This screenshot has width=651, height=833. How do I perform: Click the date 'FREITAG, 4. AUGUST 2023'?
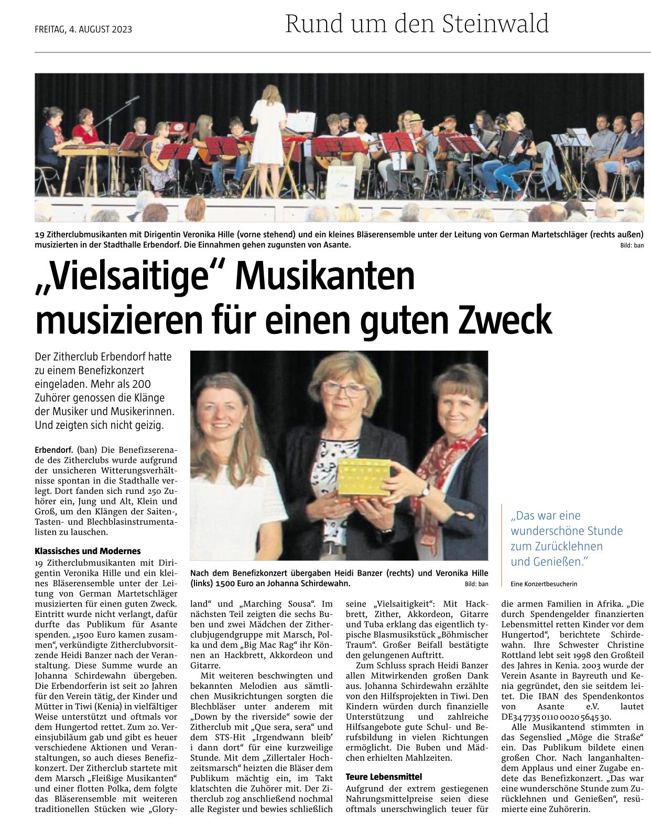(83, 29)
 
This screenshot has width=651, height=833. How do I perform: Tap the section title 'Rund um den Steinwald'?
(417, 24)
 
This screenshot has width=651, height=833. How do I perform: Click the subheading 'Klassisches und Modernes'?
(88, 551)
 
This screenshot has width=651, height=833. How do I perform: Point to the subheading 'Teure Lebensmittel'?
(384, 776)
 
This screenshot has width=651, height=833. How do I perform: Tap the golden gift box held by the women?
(364, 477)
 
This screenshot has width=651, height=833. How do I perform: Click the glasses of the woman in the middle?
(344, 388)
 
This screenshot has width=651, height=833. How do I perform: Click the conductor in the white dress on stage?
(268, 128)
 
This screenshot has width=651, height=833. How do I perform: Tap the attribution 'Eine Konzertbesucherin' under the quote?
(544, 583)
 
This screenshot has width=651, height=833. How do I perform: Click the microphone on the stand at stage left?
(134, 98)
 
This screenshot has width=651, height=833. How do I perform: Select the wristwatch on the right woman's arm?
(425, 491)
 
